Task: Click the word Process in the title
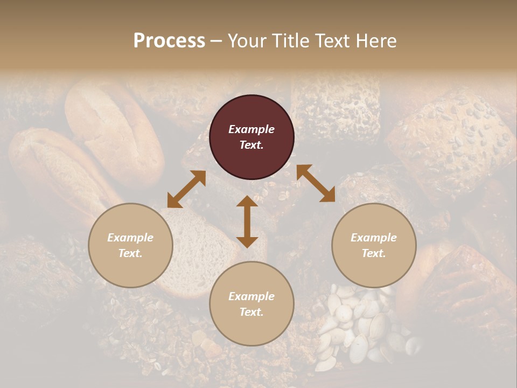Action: pyautogui.click(x=169, y=40)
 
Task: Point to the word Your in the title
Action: pyautogui.click(x=247, y=40)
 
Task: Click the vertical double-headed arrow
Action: pyautogui.click(x=247, y=221)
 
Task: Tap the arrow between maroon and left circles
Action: pyautogui.click(x=186, y=189)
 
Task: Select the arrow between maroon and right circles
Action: pyautogui.click(x=316, y=183)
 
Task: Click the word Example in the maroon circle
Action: pyautogui.click(x=251, y=129)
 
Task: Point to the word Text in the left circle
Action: pyautogui.click(x=130, y=253)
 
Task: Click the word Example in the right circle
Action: pyautogui.click(x=374, y=238)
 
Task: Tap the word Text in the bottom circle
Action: pyautogui.click(x=251, y=312)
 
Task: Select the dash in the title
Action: pyautogui.click(x=216, y=41)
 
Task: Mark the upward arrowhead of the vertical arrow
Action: pyautogui.click(x=247, y=202)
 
